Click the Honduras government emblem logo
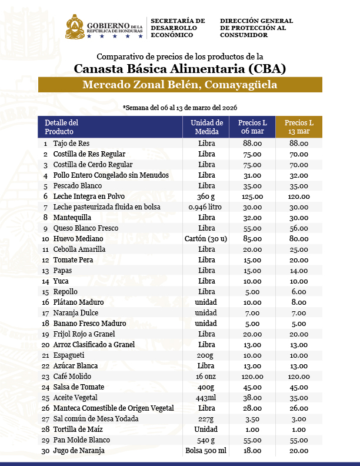tap(74, 27)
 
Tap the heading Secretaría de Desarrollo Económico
tap(178, 28)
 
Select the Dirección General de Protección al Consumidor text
tap(256, 28)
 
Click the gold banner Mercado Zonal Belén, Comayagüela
tap(180, 85)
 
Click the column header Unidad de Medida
tap(206, 127)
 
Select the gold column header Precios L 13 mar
tap(299, 127)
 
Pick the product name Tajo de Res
tap(71, 143)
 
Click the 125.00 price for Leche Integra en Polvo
tap(252, 196)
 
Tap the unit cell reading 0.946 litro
tap(206, 207)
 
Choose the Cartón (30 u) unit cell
tap(206, 238)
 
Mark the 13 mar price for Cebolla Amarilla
tap(299, 249)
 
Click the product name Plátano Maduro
tap(78, 302)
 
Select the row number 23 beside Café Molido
tap(45, 376)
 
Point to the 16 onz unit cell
tap(206, 376)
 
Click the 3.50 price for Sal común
tap(252, 418)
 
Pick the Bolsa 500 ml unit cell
tap(206, 450)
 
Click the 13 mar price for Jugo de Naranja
tap(299, 450)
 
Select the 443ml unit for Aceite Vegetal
tap(206, 397)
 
